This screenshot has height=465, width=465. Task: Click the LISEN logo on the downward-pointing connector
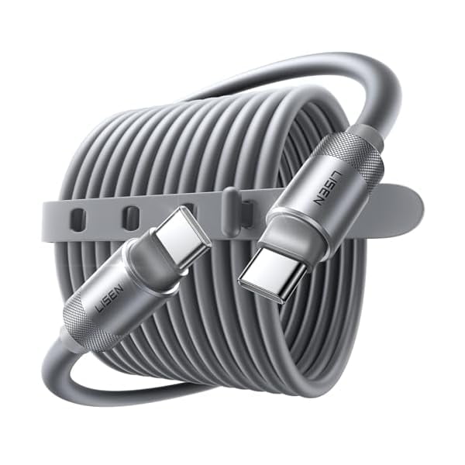pos(326,187)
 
